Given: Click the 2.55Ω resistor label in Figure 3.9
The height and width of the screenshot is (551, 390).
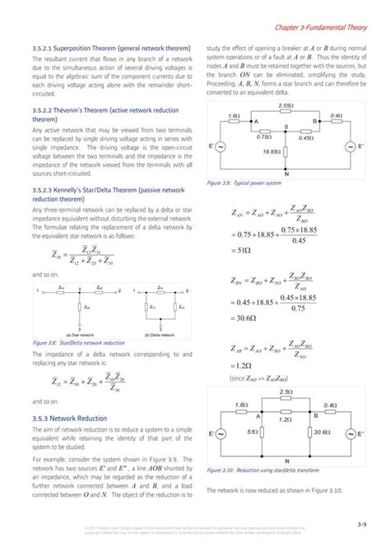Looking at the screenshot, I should (286, 106).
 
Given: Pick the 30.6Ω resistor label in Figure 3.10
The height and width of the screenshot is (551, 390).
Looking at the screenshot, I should (322, 431).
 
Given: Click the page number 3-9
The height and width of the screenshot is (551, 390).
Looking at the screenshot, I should (362, 523).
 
